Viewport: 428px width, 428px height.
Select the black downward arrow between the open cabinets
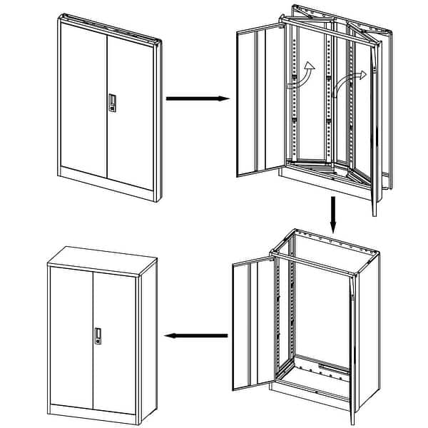tap(332, 214)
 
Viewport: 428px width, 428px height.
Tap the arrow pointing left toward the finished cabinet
tap(196, 335)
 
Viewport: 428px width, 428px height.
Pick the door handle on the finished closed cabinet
tap(98, 337)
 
